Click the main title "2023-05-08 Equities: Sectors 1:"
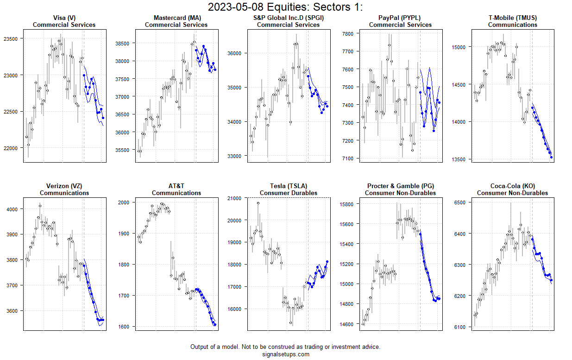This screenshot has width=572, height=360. point(285,7)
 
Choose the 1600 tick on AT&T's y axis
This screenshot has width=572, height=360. point(125,327)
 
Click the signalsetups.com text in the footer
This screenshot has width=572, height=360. point(285,354)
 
